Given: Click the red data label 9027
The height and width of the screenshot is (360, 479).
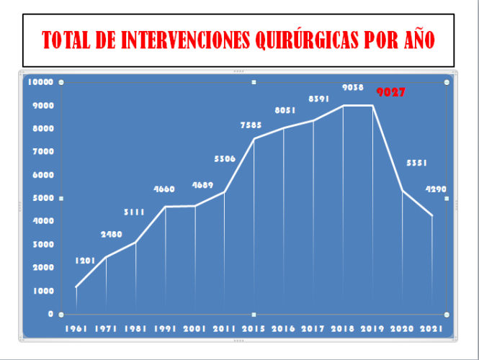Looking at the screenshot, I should (393, 93).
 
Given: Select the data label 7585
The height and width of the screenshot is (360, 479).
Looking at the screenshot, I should (251, 126).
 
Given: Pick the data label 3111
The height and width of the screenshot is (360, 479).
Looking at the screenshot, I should (135, 212).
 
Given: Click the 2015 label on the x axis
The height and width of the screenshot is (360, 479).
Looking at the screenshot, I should (253, 329).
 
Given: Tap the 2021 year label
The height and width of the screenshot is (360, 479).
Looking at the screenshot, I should (432, 329).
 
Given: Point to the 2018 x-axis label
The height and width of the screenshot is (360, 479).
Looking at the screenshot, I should (343, 329).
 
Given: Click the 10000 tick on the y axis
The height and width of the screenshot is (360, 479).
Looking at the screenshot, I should (40, 82).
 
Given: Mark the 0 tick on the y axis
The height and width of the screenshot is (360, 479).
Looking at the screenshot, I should (50, 314).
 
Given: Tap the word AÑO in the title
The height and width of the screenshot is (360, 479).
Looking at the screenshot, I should (417, 40).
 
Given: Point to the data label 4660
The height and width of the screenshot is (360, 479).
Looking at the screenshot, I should (166, 189).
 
